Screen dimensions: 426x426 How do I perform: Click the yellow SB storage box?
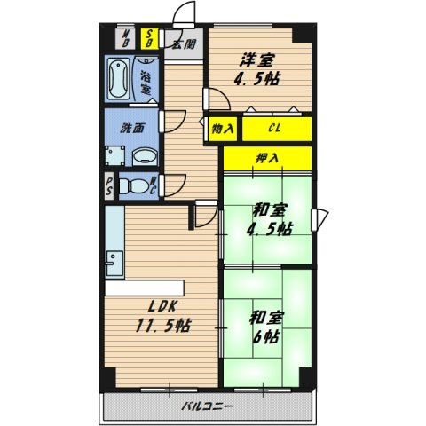(x=149, y=38)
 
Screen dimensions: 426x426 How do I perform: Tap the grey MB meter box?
(x=125, y=38)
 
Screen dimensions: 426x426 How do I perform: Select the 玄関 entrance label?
(x=185, y=44)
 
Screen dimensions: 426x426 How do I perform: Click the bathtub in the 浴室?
(x=118, y=78)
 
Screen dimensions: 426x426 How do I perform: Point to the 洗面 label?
(x=132, y=128)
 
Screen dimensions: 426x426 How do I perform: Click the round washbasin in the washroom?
(x=145, y=156)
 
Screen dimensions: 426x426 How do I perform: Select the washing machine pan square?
(x=114, y=155)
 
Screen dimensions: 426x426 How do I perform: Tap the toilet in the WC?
(x=134, y=186)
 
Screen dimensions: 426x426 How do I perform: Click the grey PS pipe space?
(x=109, y=185)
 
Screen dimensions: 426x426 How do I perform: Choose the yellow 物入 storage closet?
(x=223, y=129)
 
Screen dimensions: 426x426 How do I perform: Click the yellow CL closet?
(x=277, y=129)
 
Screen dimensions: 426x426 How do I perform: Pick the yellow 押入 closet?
(x=267, y=158)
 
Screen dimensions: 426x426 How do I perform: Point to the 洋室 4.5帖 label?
(x=256, y=70)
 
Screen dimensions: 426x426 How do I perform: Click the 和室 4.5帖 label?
(x=269, y=219)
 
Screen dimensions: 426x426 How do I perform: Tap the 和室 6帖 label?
(x=266, y=327)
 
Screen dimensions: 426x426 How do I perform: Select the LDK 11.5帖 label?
(x=162, y=316)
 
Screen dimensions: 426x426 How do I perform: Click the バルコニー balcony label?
(x=207, y=406)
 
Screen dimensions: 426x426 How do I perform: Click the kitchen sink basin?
(x=114, y=264)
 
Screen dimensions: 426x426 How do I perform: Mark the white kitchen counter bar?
(x=145, y=288)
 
